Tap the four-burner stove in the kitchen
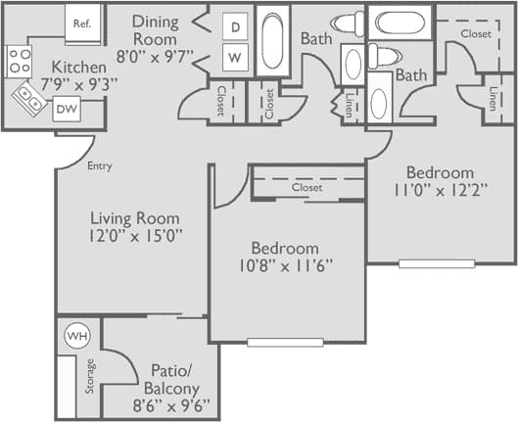20,62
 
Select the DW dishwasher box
67,110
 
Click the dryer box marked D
235,27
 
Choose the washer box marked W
235,58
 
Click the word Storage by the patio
90,377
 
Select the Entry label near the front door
100,166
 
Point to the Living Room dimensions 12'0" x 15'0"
136,235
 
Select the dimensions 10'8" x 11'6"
284,265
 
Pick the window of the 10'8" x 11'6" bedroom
284,342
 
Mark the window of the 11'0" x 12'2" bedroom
437,263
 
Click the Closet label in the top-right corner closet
476,33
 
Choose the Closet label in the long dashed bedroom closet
306,186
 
